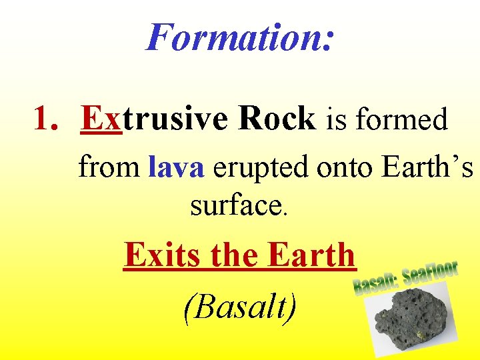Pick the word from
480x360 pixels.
[x=110, y=167]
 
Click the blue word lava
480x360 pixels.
[x=177, y=167]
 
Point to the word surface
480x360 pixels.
[x=235, y=206]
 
